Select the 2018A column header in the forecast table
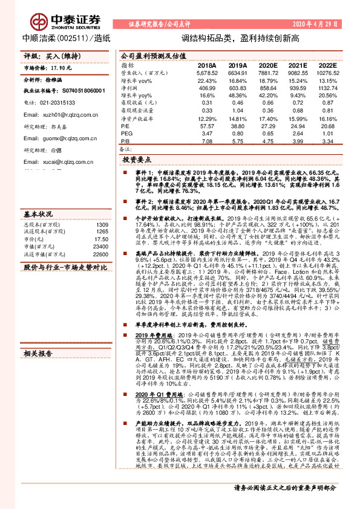pos(206,65)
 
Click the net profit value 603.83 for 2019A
pos(238,87)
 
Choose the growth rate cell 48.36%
pos(238,96)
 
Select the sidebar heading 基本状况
pos(38,214)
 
